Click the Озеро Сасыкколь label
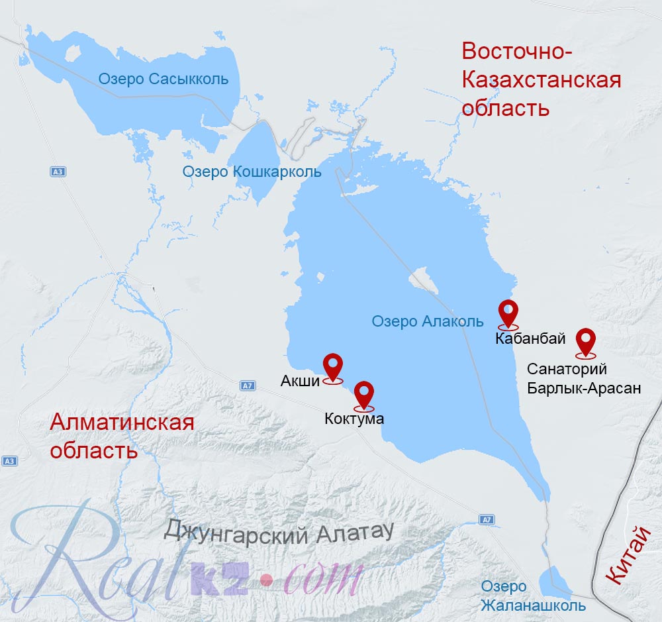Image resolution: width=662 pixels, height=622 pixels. tap(164, 79)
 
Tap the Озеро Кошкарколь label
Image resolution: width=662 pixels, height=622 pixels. tap(252, 172)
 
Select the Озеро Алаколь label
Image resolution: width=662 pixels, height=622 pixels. tap(428, 322)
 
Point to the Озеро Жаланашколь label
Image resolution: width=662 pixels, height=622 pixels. tap(534, 596)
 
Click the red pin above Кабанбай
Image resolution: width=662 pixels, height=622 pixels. tap(508, 313)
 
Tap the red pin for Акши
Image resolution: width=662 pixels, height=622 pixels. tap(332, 366)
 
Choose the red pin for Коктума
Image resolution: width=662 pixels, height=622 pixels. tap(364, 395)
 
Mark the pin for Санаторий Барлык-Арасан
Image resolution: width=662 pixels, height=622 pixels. tap(586, 342)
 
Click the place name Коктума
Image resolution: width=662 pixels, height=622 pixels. tap(354, 419)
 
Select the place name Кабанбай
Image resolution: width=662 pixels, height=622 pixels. tap(530, 339)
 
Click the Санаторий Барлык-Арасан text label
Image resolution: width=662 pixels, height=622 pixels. tap(584, 379)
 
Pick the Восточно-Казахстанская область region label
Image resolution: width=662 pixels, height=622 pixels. tap(541, 79)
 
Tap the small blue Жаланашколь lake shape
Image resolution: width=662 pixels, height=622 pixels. tap(554, 581)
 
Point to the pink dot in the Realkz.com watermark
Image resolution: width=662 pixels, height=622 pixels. tap(266, 580)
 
